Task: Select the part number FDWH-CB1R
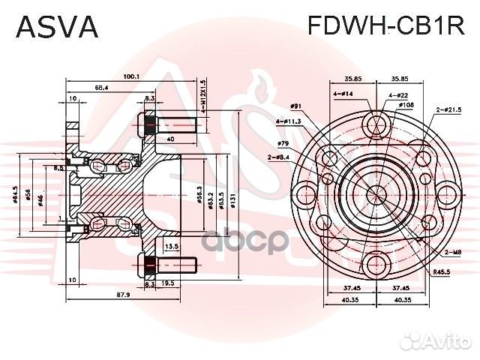tap(386, 27)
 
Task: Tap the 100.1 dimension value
tap(133, 76)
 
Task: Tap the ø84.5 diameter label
tap(16, 197)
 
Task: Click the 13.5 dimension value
tap(171, 246)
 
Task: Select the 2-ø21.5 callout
tap(449, 109)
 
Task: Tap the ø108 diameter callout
tap(406, 104)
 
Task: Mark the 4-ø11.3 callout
tap(287, 121)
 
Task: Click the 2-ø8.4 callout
tap(278, 156)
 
